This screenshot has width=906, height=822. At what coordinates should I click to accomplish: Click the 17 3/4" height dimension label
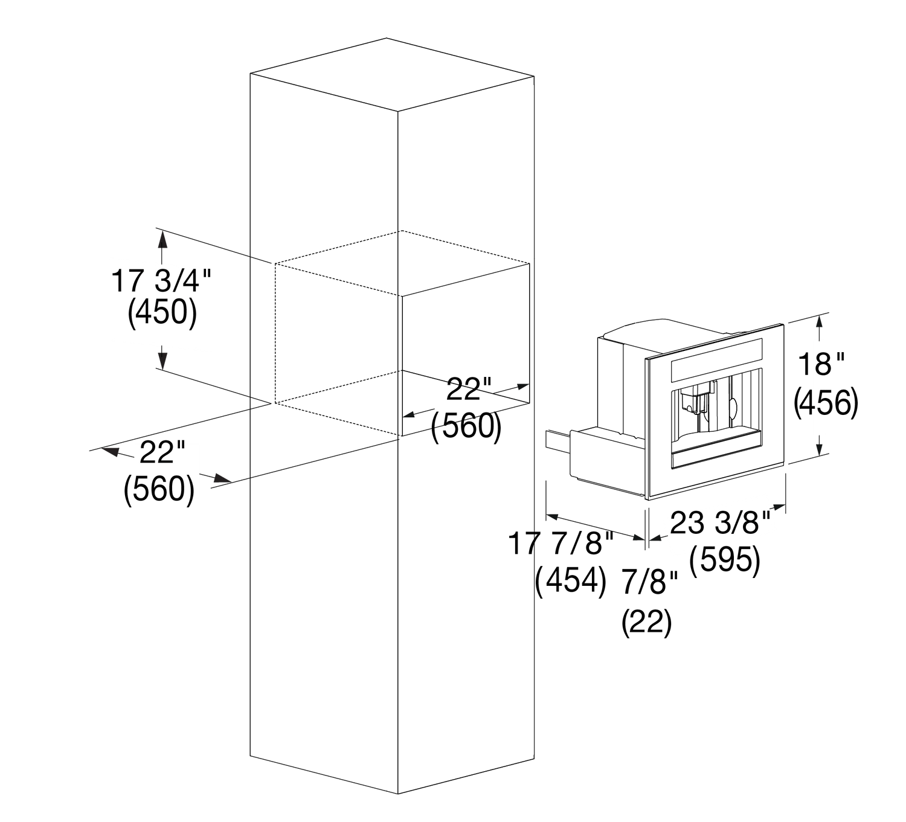pos(161,281)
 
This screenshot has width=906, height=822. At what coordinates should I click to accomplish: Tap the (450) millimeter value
pos(162,313)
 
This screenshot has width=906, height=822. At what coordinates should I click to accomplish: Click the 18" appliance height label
pos(821,364)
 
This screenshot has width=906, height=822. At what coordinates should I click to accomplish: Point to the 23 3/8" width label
pos(720,522)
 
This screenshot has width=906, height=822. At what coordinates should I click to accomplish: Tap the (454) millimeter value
pos(570,582)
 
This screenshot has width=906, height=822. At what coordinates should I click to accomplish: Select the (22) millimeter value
pos(647,622)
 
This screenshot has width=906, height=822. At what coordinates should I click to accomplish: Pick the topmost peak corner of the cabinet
pos(387,38)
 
